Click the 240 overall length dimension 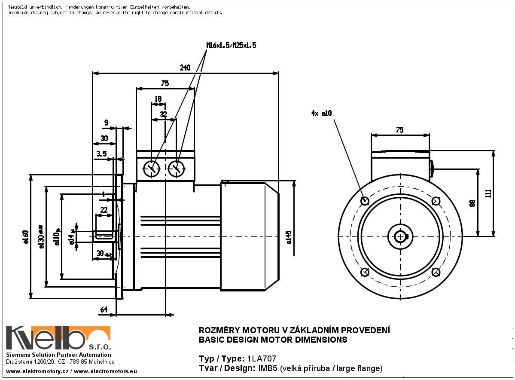click(185, 68)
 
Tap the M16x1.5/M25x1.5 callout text click(231, 45)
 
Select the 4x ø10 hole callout click(322, 113)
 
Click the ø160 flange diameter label click(26, 237)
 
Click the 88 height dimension click(472, 203)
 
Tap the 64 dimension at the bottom click(104, 310)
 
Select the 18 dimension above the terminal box click(158, 99)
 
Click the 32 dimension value click(164, 114)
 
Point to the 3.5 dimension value click(101, 153)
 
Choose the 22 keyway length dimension click(104, 210)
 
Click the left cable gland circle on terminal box click(151, 169)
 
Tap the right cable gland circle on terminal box click(176, 169)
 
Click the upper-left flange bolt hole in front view click(365, 201)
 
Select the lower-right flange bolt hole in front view click(436, 272)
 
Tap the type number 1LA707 click(262, 359)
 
